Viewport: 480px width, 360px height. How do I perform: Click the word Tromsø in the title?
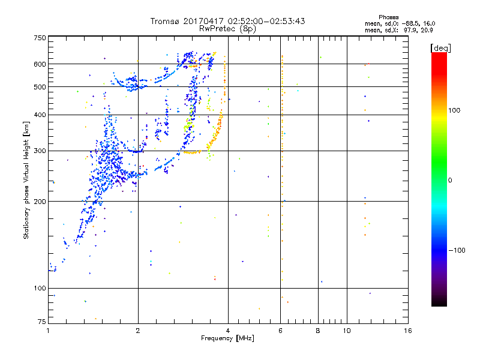(x=164, y=21)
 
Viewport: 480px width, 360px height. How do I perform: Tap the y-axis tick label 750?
(x=40, y=38)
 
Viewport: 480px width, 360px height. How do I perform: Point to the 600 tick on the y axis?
(x=40, y=64)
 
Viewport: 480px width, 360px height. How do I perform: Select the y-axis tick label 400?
(x=40, y=115)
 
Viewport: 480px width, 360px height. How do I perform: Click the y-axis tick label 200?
(x=40, y=202)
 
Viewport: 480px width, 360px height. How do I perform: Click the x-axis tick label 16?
(x=408, y=331)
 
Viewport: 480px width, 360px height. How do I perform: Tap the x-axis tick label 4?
(x=228, y=331)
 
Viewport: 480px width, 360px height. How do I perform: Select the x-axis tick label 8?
(x=319, y=331)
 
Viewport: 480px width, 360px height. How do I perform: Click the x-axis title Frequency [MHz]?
(x=228, y=339)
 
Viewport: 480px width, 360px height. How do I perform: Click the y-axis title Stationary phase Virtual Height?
(x=26, y=180)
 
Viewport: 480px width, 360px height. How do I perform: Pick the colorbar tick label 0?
(x=451, y=180)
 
